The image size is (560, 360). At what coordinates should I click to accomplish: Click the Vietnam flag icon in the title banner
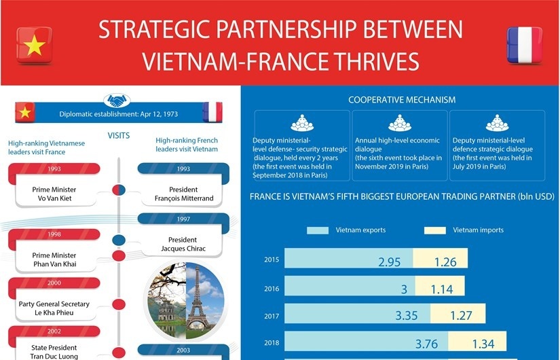click(35, 45)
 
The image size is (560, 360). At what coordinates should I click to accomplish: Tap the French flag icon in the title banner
click(524, 45)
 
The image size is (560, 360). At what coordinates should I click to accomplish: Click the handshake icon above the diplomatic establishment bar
click(117, 101)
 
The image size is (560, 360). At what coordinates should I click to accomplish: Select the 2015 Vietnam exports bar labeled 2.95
click(349, 259)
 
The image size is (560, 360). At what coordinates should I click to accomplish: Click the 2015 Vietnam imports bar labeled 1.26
click(441, 259)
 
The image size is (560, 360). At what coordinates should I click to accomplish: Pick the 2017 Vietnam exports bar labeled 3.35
click(357, 314)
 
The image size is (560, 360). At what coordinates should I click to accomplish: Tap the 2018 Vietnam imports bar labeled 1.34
click(477, 341)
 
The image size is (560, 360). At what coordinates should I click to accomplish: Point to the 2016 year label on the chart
click(272, 289)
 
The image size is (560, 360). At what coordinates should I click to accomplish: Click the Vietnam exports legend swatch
click(318, 230)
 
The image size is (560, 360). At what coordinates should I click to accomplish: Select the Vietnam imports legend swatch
click(435, 230)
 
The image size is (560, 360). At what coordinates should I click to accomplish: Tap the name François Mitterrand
click(184, 198)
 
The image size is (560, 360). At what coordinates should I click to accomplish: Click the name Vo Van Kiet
click(54, 198)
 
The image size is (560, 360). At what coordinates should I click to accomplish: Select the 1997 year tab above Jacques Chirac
click(183, 219)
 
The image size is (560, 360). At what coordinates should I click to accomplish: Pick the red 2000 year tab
click(54, 283)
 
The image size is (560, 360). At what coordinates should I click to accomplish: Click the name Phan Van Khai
click(55, 264)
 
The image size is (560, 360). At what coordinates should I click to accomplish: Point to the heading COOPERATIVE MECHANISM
click(402, 100)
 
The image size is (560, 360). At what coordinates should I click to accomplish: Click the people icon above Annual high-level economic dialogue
click(400, 123)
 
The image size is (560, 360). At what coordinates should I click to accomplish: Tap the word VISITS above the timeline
click(119, 135)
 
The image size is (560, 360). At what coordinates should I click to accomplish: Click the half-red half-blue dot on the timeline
click(119, 190)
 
